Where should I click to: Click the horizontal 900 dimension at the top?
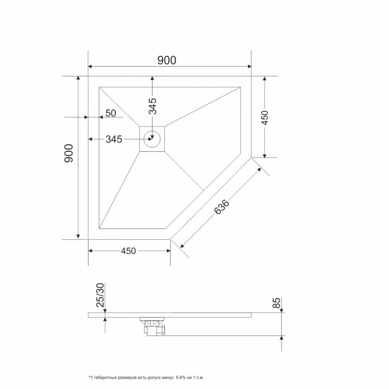[x=167, y=60]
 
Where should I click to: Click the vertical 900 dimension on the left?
[x=69, y=153]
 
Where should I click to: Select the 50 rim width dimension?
[x=111, y=113]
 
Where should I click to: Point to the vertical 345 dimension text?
[x=153, y=106]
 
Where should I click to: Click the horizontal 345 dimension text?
[x=114, y=140]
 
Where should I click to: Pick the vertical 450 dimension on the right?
[x=265, y=118]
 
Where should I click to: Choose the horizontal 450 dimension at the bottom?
[x=128, y=251]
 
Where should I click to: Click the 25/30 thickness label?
[x=101, y=295]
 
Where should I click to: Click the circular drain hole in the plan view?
[x=152, y=139]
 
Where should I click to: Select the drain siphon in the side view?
[x=153, y=326]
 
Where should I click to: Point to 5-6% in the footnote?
[x=180, y=378]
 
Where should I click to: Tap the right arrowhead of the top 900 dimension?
[x=249, y=67]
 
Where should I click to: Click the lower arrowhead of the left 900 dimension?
[x=78, y=236]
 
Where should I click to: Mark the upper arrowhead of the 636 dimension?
[x=259, y=169]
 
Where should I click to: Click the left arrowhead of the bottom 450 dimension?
[x=90, y=251]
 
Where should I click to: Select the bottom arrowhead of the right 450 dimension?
[x=265, y=155]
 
